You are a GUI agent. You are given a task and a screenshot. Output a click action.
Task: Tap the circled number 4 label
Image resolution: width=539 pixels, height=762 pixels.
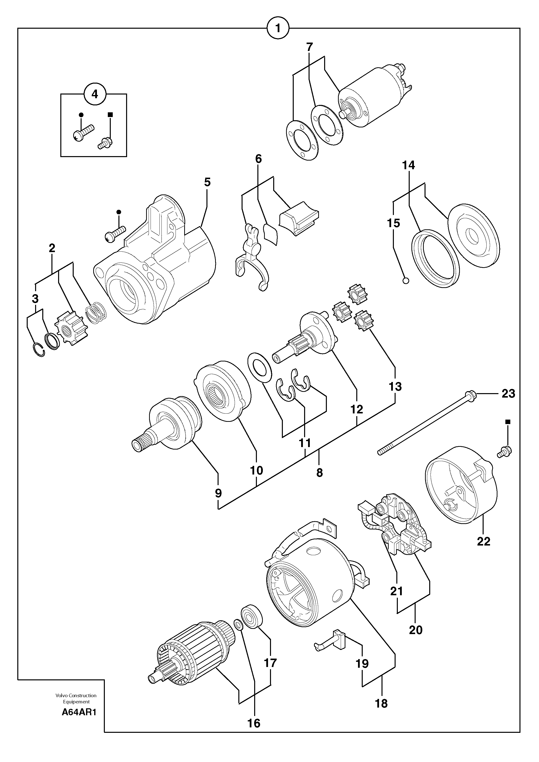[95, 95]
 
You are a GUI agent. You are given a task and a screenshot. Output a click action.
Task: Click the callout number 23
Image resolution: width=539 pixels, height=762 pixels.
[508, 394]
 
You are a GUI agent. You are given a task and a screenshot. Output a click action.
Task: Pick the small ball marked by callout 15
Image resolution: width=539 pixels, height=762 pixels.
[405, 281]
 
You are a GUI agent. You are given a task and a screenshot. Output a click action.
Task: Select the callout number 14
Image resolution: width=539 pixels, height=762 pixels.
[409, 165]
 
